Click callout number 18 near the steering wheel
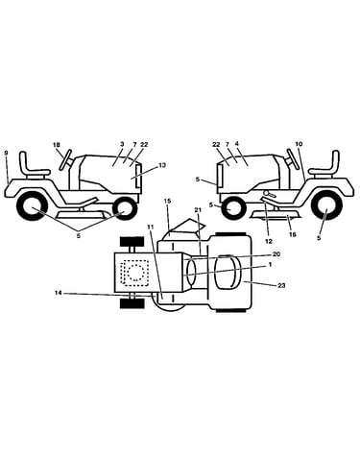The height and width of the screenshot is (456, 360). [x=57, y=145]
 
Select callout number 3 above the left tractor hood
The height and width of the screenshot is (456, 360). [x=122, y=144]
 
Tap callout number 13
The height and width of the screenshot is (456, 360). [x=162, y=165]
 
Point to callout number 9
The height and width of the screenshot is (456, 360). [x=6, y=153]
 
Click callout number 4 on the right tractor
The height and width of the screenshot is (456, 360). [x=237, y=144]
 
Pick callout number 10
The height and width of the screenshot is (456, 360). [x=299, y=144]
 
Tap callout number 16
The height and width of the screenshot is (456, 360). [x=293, y=235]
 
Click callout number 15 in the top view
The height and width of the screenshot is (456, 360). [x=168, y=201]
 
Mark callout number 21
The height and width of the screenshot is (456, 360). [x=198, y=209]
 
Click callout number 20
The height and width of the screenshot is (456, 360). [x=276, y=254]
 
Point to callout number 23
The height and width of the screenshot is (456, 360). [x=281, y=285]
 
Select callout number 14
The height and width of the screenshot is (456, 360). [x=58, y=293]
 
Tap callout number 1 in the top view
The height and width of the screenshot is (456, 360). [x=270, y=265]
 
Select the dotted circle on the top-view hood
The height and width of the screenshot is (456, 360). [x=135, y=273]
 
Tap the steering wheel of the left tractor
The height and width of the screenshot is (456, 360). [x=65, y=160]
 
